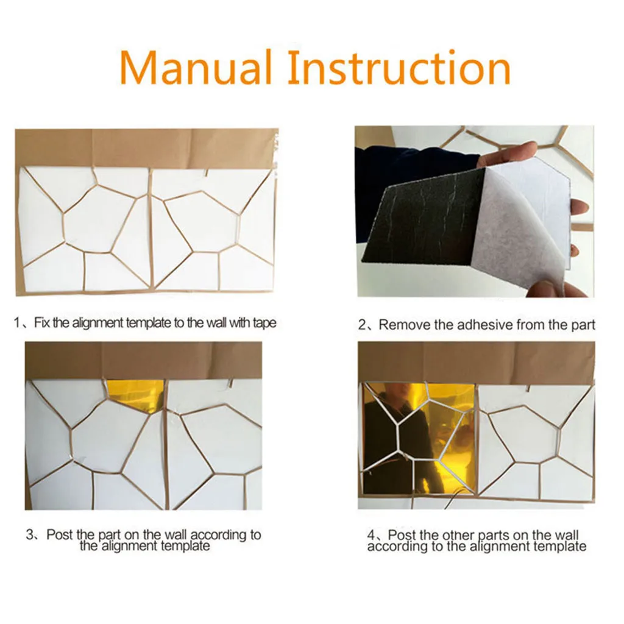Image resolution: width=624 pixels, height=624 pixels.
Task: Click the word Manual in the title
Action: pyautogui.click(x=196, y=67)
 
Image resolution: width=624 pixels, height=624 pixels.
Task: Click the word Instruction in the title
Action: pyautogui.click(x=399, y=67)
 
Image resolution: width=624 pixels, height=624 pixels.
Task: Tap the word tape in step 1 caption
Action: pyautogui.click(x=264, y=323)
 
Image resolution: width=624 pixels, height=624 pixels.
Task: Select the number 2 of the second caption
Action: pyautogui.click(x=362, y=325)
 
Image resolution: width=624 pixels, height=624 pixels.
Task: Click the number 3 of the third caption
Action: pyautogui.click(x=30, y=534)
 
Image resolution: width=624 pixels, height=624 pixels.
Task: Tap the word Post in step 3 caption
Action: pyautogui.click(x=60, y=534)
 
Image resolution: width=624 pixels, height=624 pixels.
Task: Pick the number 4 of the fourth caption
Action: pyautogui.click(x=371, y=534)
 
